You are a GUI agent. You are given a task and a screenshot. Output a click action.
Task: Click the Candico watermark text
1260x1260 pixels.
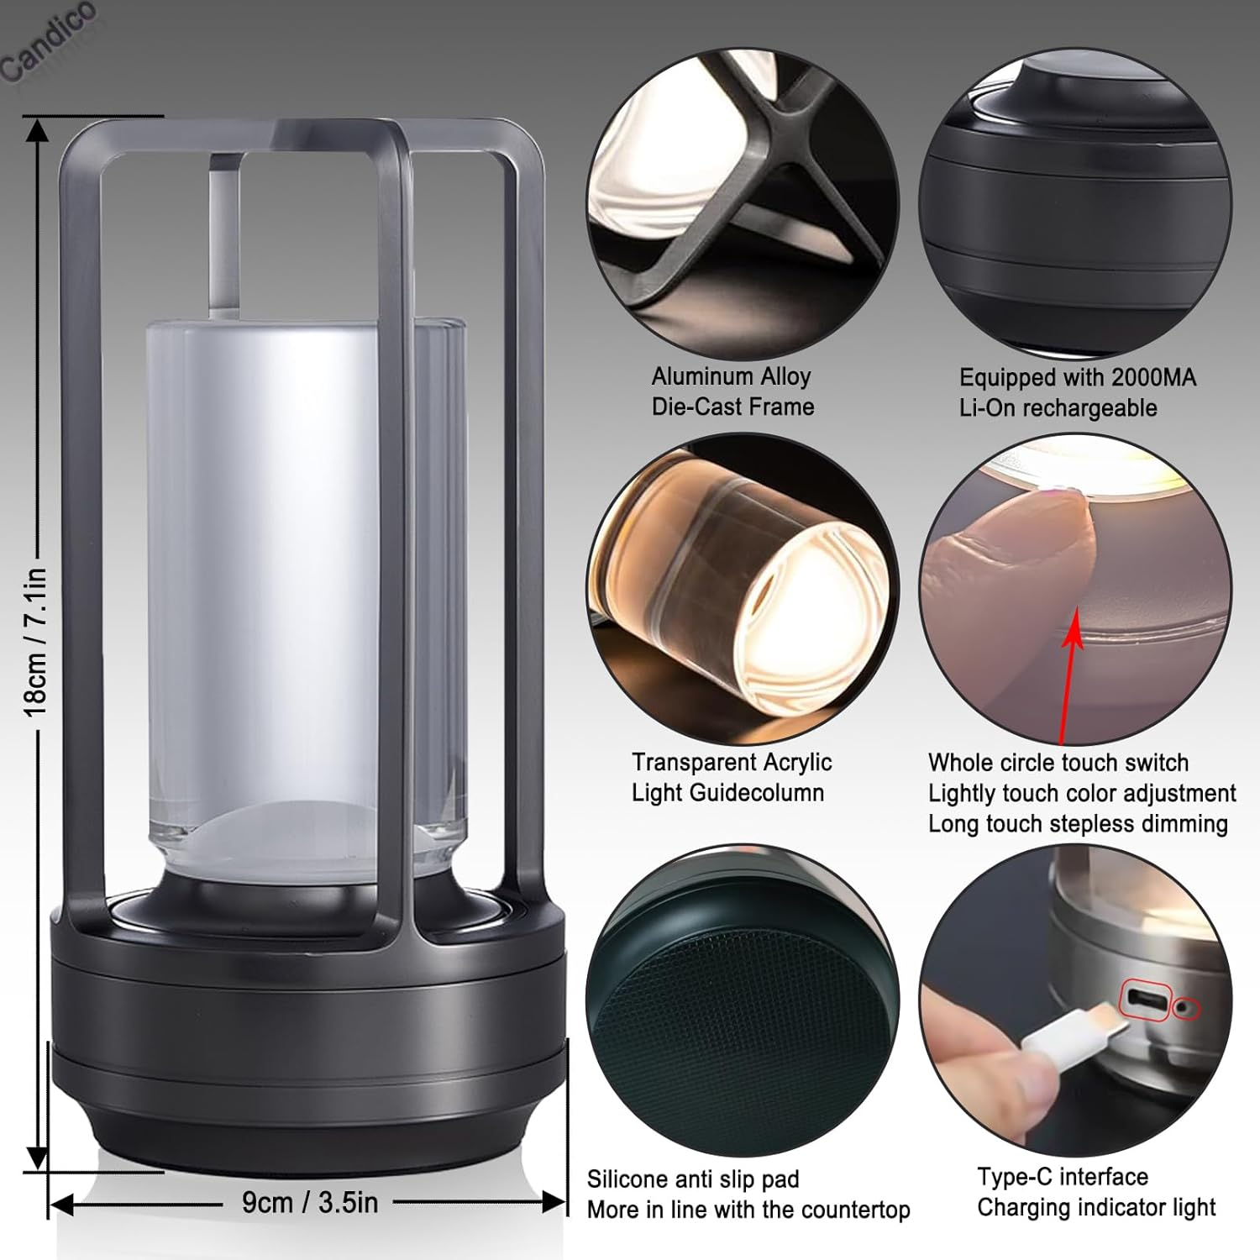[49, 42]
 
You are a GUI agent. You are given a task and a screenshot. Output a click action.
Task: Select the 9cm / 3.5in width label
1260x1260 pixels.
[310, 1202]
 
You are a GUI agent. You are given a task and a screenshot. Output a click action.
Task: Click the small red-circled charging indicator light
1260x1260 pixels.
[1186, 1007]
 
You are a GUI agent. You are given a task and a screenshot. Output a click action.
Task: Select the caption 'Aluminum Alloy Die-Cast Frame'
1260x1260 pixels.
[732, 391]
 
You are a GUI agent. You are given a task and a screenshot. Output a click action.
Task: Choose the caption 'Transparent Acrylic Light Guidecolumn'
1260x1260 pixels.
[731, 777]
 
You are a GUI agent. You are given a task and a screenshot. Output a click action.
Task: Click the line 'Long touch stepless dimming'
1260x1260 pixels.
[1078, 823]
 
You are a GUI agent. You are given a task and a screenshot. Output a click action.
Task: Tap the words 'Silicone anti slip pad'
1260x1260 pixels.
[693, 1179]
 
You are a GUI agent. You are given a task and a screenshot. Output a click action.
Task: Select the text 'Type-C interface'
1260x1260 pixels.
[1062, 1176]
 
